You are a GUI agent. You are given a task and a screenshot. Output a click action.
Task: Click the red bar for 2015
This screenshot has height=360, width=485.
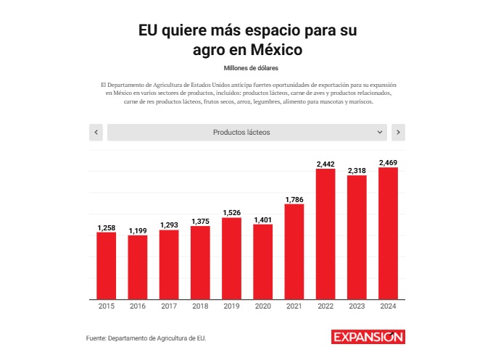pyautogui.click(x=107, y=265)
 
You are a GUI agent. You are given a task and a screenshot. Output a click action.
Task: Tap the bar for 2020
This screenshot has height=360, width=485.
pyautogui.click(x=262, y=261)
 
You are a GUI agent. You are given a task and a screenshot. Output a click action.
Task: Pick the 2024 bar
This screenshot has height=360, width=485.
pyautogui.click(x=388, y=233)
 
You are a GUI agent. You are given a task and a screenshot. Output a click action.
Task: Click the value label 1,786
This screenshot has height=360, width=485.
pyautogui.click(x=294, y=199)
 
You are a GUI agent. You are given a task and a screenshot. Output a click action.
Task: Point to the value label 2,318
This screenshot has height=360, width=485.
pyautogui.click(x=357, y=170)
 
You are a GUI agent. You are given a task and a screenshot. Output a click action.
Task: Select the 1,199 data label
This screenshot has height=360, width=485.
pyautogui.click(x=138, y=230)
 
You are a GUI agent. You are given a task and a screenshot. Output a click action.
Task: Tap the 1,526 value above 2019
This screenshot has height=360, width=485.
pyautogui.click(x=231, y=213)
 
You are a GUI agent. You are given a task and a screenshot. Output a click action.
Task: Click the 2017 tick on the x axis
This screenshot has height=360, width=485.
pyautogui.click(x=169, y=307)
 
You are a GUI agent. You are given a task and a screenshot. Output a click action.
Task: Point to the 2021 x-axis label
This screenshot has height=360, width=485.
pyautogui.click(x=294, y=307)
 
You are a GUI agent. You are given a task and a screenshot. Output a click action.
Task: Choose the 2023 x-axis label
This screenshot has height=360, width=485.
pyautogui.click(x=357, y=307)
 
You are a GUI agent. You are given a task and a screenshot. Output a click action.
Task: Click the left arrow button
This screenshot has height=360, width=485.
pyautogui.click(x=96, y=133)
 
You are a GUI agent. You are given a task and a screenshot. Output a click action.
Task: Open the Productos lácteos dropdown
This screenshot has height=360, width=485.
pyautogui.click(x=246, y=133)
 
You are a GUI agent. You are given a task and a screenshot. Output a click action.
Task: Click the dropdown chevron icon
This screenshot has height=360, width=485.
pyautogui.click(x=381, y=133)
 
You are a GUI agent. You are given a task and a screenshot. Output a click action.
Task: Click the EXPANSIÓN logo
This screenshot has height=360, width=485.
pyautogui.click(x=368, y=337)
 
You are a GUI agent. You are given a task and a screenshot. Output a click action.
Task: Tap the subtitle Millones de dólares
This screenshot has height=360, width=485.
pyautogui.click(x=242, y=67)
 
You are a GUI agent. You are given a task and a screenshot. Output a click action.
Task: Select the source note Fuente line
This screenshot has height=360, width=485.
pyautogui.click(x=151, y=338)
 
